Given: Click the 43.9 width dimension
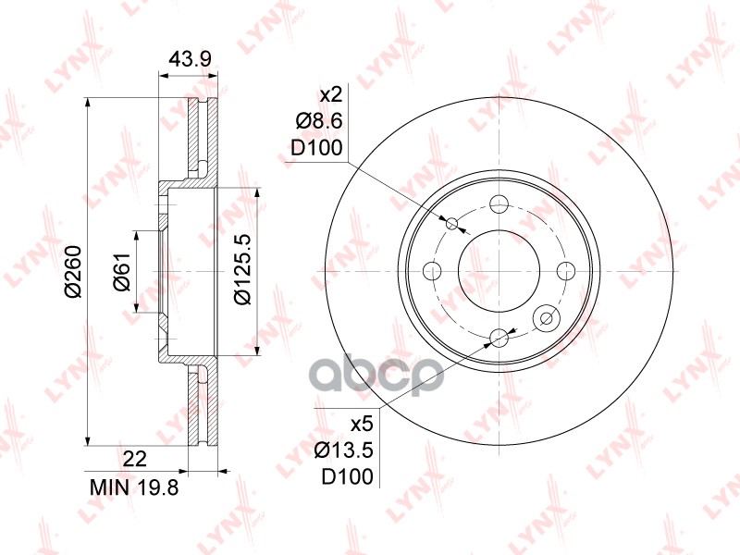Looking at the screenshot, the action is [191, 59].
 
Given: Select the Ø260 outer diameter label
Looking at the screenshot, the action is [74, 271].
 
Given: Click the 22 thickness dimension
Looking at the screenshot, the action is [134, 458].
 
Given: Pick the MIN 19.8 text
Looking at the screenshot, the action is [134, 488].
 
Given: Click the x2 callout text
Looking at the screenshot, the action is [331, 96].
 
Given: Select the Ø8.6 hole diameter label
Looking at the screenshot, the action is [319, 122].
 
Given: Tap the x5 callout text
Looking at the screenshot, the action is [362, 425].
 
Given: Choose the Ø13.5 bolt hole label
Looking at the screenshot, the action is [344, 450].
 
